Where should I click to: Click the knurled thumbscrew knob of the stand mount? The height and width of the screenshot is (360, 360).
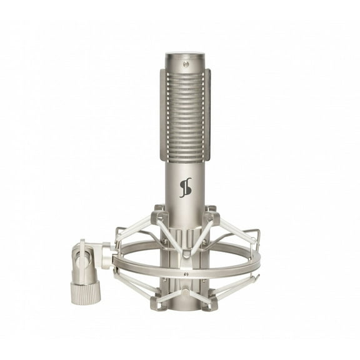(86, 291)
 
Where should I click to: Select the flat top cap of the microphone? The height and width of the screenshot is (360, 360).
(185, 54)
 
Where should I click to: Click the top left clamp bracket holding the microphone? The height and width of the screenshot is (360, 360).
(159, 215)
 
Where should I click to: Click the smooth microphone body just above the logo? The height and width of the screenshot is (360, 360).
(185, 166)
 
